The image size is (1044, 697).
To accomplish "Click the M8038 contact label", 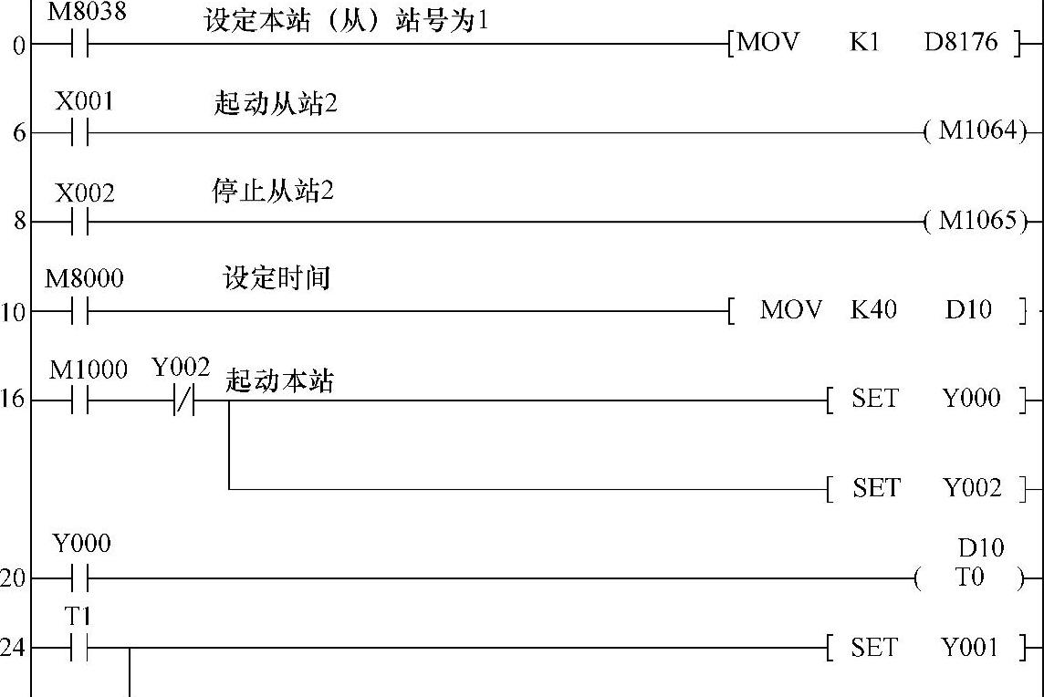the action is coord(88,14).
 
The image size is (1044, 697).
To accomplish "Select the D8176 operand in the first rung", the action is coord(961,43).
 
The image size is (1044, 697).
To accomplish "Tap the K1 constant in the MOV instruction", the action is coord(863,43).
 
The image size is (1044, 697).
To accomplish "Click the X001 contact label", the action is coord(85,101).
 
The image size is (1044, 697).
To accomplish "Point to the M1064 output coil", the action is coord(976,131).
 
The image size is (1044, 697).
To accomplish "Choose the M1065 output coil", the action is coord(976,221).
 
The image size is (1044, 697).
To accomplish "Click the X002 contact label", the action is coord(85,192).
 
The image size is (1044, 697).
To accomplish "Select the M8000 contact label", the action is coord(84,278).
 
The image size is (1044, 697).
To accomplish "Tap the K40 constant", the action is coord(873,310).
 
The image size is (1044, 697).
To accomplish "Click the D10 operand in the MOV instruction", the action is coord(968,310).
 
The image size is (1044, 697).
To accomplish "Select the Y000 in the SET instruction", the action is coord(972,399).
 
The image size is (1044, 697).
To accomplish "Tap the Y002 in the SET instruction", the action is coord(972,488).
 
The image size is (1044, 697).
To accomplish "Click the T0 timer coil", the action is coord(969,577).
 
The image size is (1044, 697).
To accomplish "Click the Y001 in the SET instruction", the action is coord(970,648).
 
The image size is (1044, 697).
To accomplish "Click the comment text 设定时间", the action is coord(277,278).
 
